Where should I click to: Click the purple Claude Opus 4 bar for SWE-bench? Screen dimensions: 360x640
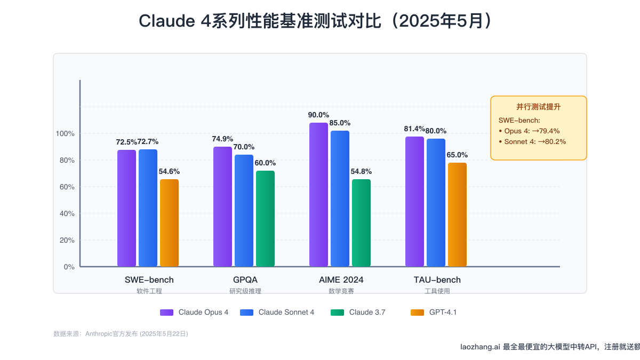tap(126, 208)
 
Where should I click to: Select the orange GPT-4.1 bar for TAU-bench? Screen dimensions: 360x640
tap(457, 214)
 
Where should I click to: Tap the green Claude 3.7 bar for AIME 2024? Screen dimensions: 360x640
tap(361, 222)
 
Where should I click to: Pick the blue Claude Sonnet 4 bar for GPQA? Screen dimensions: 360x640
tap(244, 210)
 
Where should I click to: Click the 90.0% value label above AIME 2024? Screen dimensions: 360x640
tap(318, 115)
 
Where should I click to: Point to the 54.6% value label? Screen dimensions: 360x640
tap(169, 172)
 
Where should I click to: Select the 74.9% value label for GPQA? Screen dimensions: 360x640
tap(222, 139)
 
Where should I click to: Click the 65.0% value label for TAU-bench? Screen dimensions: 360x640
tap(457, 155)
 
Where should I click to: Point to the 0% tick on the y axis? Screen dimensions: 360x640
tap(69, 267)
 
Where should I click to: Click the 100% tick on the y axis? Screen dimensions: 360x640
tap(65, 133)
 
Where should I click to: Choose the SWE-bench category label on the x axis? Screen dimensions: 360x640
tap(149, 279)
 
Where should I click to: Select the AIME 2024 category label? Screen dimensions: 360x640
tap(341, 279)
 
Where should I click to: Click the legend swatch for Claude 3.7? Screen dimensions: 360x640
tap(338, 313)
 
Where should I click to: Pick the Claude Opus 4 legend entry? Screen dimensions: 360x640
tap(203, 313)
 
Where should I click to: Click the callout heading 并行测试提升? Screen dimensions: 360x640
tap(538, 107)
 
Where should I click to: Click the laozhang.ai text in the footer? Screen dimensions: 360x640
tap(480, 347)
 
